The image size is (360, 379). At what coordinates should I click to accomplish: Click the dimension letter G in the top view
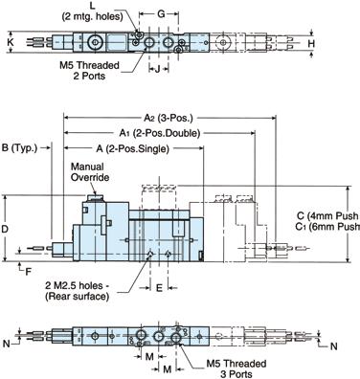[162, 14]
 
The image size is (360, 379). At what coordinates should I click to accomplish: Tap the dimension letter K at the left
[11, 42]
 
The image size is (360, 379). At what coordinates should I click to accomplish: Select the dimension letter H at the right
[311, 44]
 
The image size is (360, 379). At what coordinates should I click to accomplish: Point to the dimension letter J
[157, 69]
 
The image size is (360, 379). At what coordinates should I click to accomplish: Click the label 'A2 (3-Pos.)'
[169, 118]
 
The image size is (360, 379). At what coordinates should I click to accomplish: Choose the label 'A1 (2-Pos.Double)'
[160, 133]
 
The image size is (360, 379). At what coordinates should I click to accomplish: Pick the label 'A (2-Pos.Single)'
[132, 148]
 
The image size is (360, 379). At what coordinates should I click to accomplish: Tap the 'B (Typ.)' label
[19, 147]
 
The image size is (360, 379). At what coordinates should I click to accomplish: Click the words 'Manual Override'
[90, 171]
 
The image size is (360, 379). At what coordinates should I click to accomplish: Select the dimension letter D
[5, 229]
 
